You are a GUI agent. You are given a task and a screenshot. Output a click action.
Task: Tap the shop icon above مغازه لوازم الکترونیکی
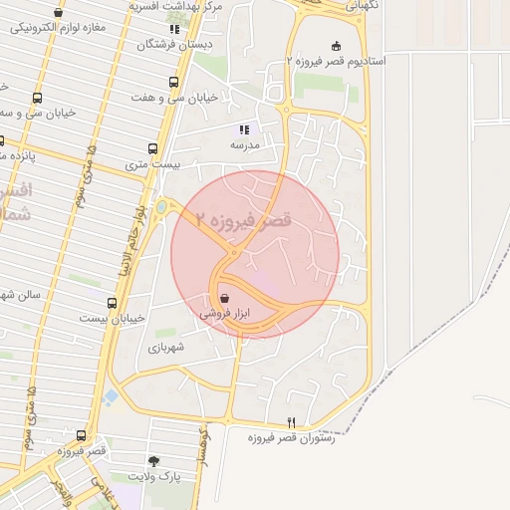pos(60,13)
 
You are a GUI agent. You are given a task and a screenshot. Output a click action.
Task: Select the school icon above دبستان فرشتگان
pos(175,29)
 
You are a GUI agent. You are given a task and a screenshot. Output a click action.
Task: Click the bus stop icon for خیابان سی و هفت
pos(174,83)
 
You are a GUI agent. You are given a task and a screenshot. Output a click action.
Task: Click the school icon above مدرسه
pos(244,129)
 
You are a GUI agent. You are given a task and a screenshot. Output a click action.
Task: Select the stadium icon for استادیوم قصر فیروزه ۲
pos(336,45)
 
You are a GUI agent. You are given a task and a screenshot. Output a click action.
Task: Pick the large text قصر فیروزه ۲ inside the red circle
pos(244,220)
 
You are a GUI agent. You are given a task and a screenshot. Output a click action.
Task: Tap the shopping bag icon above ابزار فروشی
pos(224,298)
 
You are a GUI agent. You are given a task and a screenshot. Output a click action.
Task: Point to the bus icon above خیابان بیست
pos(112,303)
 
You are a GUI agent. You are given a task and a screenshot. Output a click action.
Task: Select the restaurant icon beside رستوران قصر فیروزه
pos(292,422)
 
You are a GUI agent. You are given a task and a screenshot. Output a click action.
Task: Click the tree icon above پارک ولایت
pos(153,461)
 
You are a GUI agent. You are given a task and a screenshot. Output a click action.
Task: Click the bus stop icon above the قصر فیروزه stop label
pos(82,436)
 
